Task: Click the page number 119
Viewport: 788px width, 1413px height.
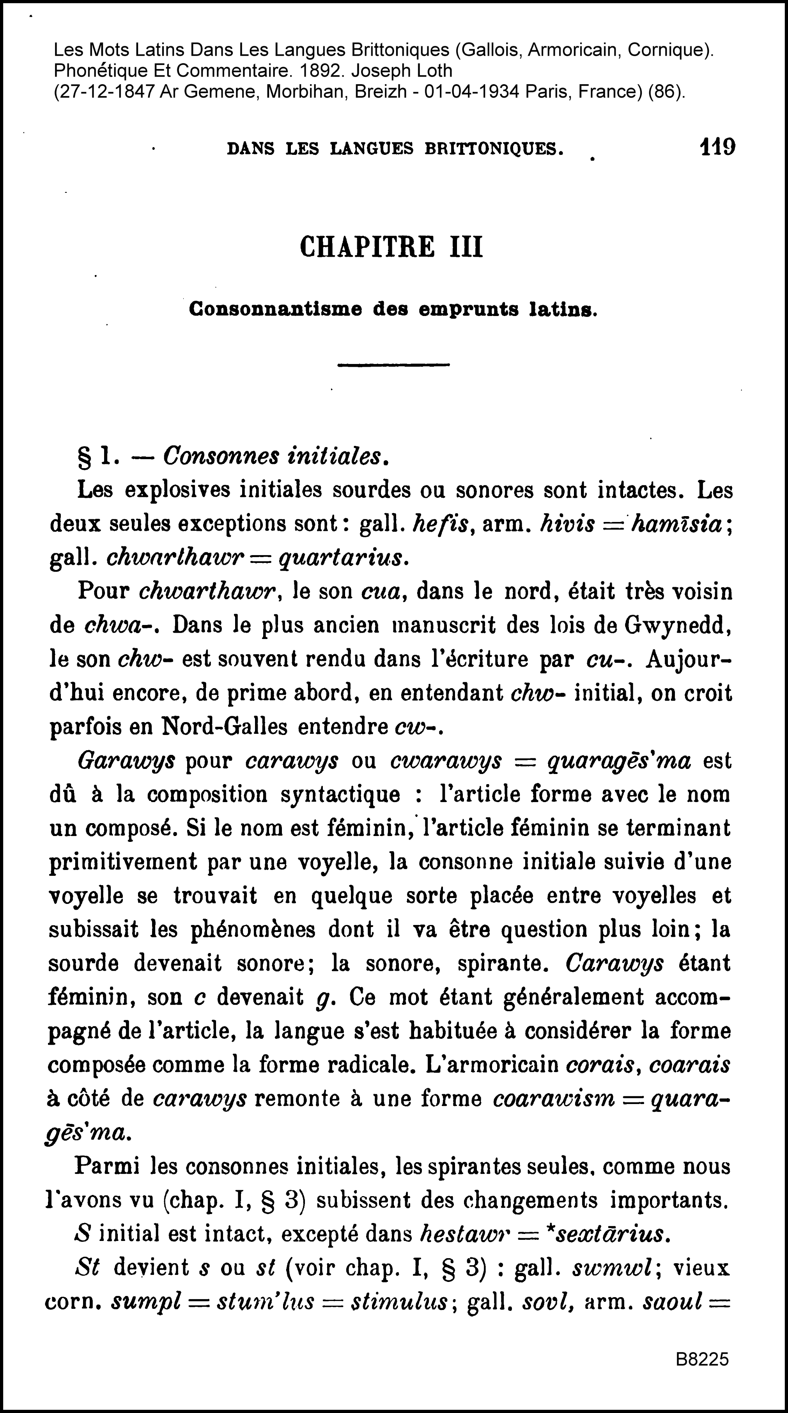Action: (717, 147)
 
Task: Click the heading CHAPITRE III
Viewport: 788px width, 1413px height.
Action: (391, 247)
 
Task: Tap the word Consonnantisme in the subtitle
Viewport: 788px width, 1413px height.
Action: (275, 310)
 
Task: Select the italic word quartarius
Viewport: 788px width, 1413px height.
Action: (343, 558)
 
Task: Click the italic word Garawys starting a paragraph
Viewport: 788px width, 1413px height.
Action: (127, 762)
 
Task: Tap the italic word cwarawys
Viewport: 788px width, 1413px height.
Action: (446, 762)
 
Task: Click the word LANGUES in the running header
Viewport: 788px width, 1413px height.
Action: (371, 149)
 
